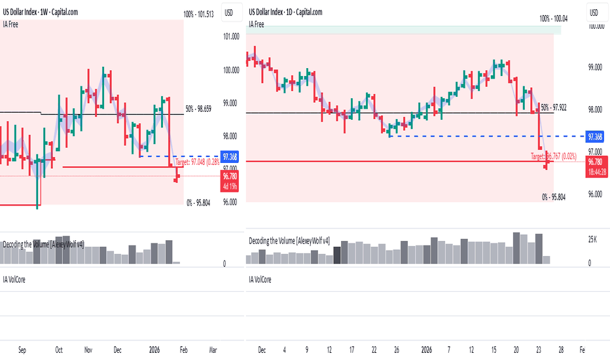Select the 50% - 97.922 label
pyautogui.click(x=553, y=107)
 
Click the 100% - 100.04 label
pyautogui.click(x=553, y=19)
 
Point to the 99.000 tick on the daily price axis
pyautogui.click(x=595, y=68)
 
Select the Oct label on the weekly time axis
pyautogui.click(x=58, y=350)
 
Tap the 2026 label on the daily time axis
pyautogui.click(x=427, y=350)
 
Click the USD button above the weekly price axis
pyautogui.click(x=229, y=12)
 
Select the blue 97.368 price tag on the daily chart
pyautogui.click(x=595, y=137)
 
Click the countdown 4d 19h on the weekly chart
pyautogui.click(x=230, y=187)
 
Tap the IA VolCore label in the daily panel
pyautogui.click(x=260, y=279)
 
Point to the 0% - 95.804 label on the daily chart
pyautogui.click(x=554, y=196)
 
